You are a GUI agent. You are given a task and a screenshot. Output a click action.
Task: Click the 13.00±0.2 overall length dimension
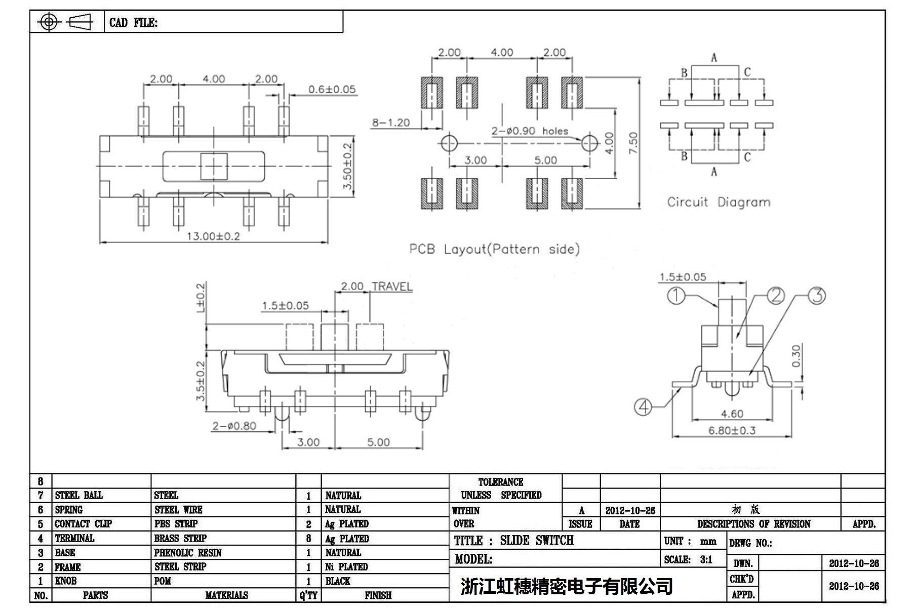[213, 236]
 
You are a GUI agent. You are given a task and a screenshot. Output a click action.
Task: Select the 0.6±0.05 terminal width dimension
[332, 90]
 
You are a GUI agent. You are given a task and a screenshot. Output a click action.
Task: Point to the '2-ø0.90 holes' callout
[530, 131]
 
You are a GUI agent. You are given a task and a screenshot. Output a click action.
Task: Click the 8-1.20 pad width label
[390, 123]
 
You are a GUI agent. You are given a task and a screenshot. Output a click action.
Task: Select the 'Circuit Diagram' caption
[719, 202]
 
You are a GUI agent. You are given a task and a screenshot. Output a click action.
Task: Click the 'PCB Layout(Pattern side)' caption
[494, 249]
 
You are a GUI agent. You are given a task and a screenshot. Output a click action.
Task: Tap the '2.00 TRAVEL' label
[376, 287]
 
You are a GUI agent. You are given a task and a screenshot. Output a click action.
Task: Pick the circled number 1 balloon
[676, 296]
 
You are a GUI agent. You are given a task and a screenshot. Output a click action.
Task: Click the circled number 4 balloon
[643, 406]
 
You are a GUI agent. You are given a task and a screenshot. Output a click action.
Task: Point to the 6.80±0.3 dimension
[732, 431]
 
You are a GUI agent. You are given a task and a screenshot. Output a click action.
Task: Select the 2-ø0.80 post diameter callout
[234, 426]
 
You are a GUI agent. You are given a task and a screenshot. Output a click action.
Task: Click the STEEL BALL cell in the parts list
[78, 495]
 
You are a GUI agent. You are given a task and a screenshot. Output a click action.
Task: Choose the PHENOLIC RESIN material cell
[188, 553]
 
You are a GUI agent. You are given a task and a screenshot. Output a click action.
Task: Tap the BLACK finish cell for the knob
[338, 581]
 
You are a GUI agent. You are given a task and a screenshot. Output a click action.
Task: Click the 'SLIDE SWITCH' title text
[537, 541]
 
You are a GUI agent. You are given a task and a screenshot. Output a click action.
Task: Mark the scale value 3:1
[706, 560]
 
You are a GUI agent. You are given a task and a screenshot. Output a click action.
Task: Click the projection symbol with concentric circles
[49, 22]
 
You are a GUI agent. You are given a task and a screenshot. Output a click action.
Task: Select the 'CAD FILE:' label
[133, 23]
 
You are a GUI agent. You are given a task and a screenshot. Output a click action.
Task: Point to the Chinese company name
[566, 586]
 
